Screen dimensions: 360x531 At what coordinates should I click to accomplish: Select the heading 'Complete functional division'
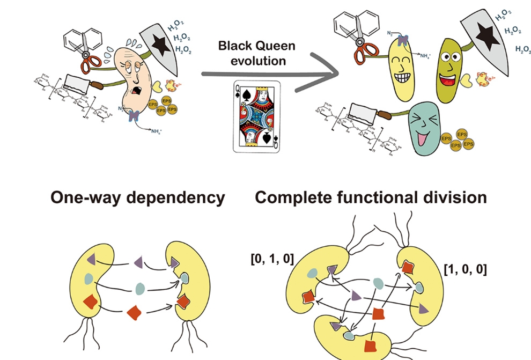tap(371, 197)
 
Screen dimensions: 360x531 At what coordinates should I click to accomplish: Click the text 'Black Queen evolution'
tap(252, 53)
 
